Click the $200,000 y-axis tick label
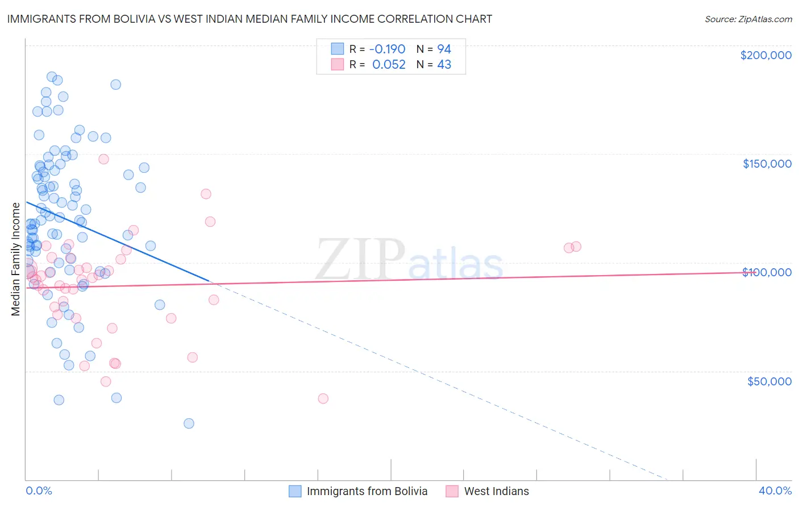[x=765, y=55]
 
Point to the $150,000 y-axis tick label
[x=767, y=164]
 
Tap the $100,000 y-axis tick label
[x=767, y=272]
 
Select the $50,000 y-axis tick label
[x=769, y=381]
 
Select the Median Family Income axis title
[x=16, y=259]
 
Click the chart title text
[x=249, y=19]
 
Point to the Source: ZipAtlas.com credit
[x=748, y=19]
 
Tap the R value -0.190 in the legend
[x=387, y=49]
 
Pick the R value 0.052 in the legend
[x=389, y=64]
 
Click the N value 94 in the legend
[x=444, y=49]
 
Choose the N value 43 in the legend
[x=444, y=64]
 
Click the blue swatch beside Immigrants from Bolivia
[x=295, y=491]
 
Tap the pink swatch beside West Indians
[x=452, y=491]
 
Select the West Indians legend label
[x=496, y=491]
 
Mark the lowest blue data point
[x=189, y=423]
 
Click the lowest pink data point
[x=323, y=398]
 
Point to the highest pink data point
[x=103, y=159]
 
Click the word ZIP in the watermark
[x=360, y=259]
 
